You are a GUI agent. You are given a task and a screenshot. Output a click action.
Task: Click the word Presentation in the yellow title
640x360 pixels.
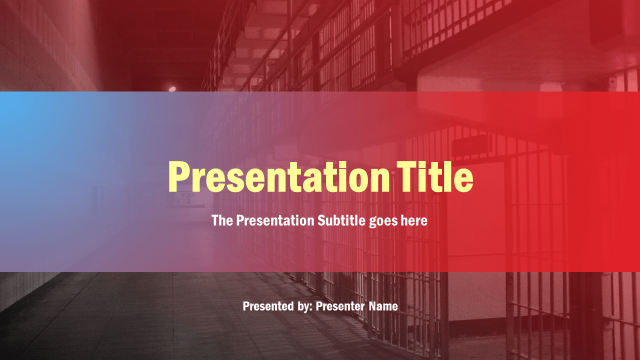pyautogui.click(x=279, y=177)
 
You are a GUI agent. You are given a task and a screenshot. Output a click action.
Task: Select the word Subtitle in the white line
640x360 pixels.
pyautogui.click(x=341, y=220)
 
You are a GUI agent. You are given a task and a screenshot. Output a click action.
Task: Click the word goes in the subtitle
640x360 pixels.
pyautogui.click(x=383, y=221)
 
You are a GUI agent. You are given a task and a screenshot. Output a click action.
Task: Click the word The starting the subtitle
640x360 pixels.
pyautogui.click(x=222, y=220)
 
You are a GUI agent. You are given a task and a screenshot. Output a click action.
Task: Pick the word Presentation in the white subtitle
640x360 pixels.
pyautogui.click(x=275, y=220)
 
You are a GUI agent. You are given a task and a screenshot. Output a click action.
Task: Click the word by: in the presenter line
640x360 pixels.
pyautogui.click(x=305, y=307)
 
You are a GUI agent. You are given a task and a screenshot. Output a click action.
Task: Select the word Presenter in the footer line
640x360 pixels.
pyautogui.click(x=340, y=306)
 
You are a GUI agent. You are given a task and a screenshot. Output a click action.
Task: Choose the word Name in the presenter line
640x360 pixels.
pyautogui.click(x=383, y=306)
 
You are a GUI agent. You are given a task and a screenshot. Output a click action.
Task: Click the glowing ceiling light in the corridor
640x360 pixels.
pyautogui.click(x=172, y=88)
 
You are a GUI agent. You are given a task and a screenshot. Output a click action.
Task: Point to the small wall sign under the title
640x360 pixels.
pyautogui.click(x=190, y=198)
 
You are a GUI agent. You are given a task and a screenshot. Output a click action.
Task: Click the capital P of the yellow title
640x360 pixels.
pyautogui.click(x=179, y=177)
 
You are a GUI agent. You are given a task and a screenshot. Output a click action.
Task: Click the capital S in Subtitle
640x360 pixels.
pyautogui.click(x=321, y=220)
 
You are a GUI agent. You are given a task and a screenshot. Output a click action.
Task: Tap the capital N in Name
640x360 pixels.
pyautogui.click(x=372, y=306)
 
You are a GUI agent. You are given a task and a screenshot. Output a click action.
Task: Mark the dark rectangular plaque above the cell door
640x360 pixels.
pyautogui.click(x=471, y=145)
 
